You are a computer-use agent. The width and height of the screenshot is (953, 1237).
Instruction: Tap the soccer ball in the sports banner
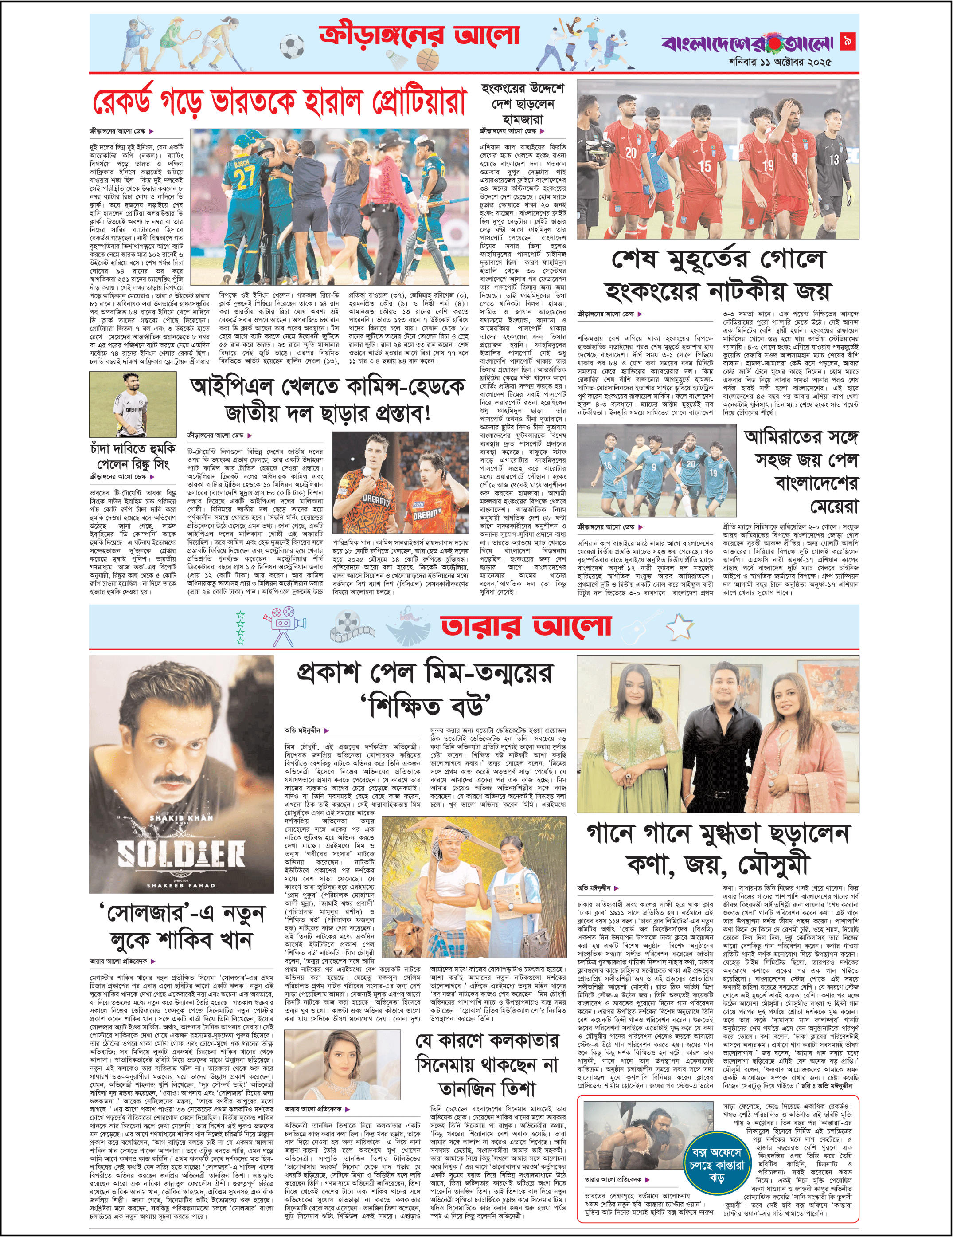coord(292,47)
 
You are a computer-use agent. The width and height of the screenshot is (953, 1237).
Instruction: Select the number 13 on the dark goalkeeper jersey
coord(834,160)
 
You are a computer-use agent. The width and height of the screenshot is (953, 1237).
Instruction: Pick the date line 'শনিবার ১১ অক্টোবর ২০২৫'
coord(780,62)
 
